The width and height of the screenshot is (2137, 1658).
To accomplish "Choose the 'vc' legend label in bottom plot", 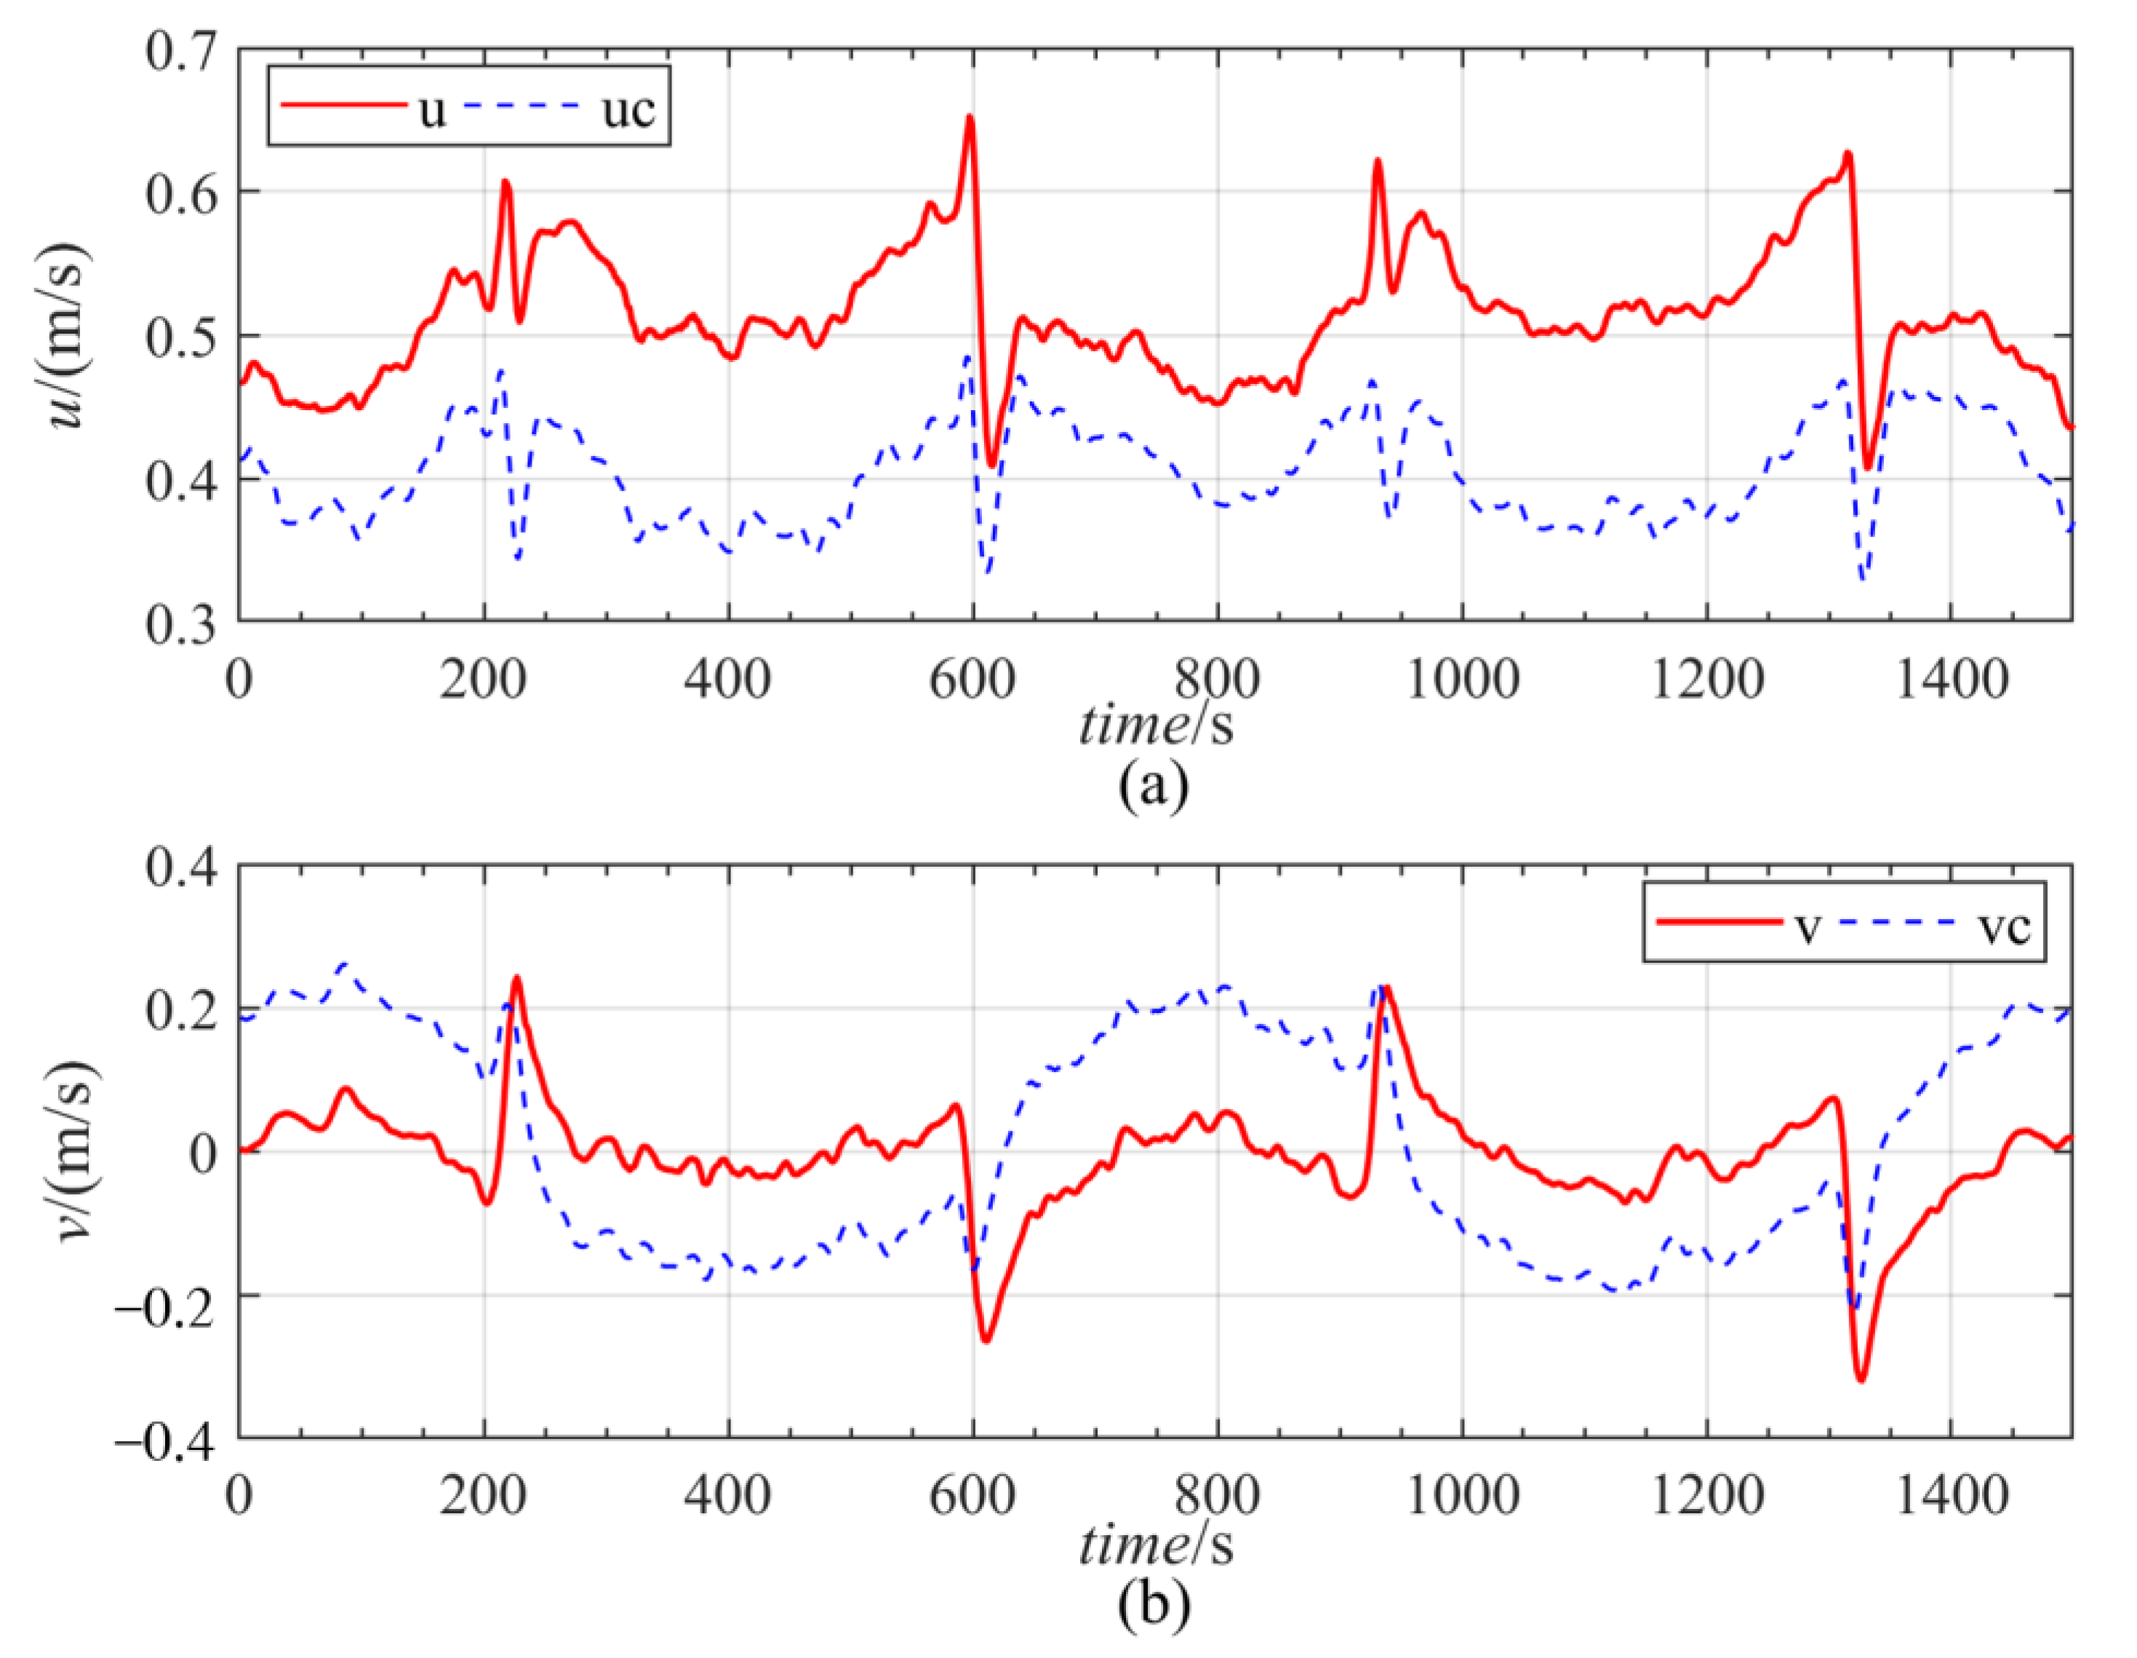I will [2003, 925].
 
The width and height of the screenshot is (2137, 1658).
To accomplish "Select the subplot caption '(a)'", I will [1154, 785].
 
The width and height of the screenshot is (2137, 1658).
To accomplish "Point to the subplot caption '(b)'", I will [1154, 1604].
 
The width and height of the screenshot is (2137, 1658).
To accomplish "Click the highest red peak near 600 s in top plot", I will [970, 117].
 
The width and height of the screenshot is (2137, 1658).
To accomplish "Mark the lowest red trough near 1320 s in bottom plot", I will [1861, 1379].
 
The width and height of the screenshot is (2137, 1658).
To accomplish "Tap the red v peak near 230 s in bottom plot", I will [516, 977].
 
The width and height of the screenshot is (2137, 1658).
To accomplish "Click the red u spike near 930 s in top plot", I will [1378, 161].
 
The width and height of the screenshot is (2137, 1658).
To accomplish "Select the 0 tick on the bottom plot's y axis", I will [201, 1153].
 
